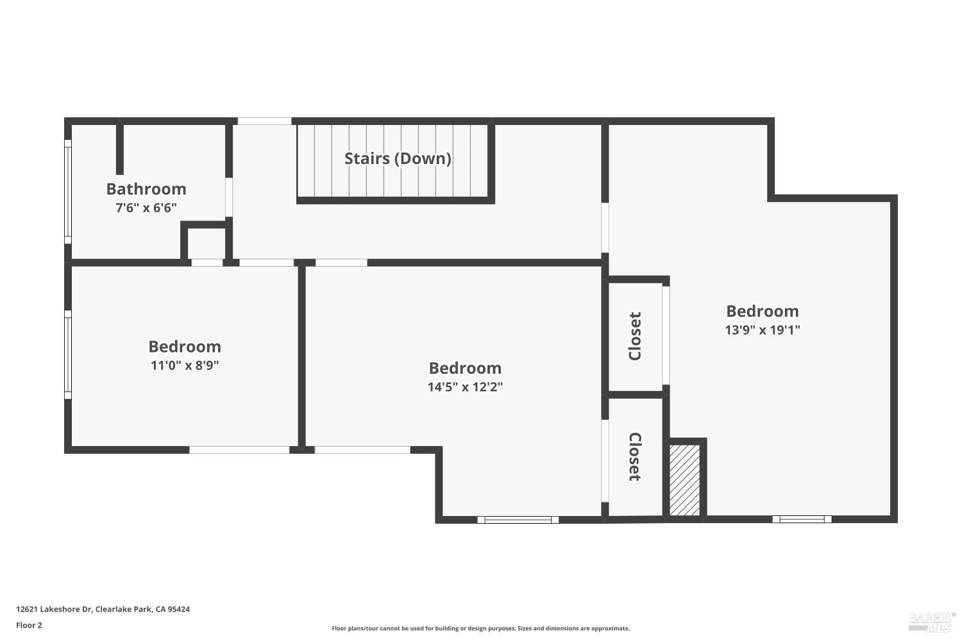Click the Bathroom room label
[146, 189]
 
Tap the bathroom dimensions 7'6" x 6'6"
[146, 208]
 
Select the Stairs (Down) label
[398, 159]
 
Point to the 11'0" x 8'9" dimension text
[185, 365]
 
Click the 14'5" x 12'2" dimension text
[465, 387]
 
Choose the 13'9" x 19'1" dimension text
[763, 329]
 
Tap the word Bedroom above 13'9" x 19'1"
[763, 311]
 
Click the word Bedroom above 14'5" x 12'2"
[465, 368]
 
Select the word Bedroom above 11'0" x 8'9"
[185, 347]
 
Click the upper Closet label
[635, 336]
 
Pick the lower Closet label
[635, 456]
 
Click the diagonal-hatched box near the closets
[684, 480]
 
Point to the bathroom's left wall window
[68, 192]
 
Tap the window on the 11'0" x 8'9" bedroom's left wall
[68, 354]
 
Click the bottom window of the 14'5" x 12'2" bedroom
[518, 519]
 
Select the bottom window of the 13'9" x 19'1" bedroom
[802, 519]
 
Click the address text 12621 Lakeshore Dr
[54, 609]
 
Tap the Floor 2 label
[30, 625]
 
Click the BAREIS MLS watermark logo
[932, 621]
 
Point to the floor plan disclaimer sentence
[480, 628]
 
